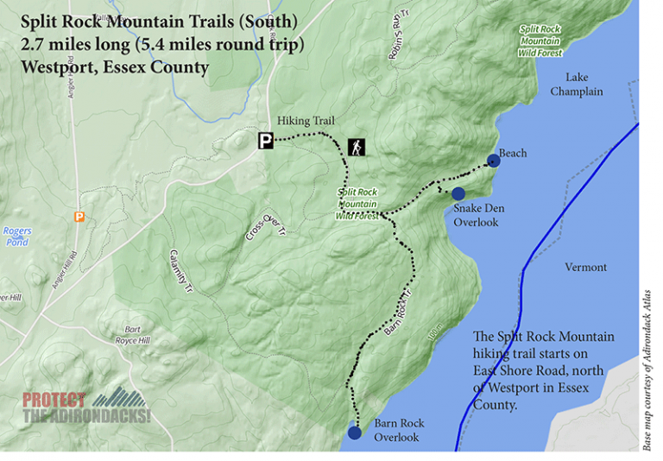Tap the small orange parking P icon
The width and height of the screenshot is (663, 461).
(79, 217)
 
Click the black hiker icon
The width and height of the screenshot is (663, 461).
(357, 147)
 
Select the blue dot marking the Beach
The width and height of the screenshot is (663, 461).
(493, 160)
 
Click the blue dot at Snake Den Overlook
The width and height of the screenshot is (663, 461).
(458, 193)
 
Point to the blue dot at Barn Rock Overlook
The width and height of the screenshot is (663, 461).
(354, 433)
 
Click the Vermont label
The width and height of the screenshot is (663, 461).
(585, 268)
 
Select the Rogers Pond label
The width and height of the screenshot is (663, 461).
(16, 237)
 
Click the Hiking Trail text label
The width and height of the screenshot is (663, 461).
(306, 121)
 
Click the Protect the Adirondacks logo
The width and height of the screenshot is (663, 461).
(86, 406)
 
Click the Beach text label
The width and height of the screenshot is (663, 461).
(513, 154)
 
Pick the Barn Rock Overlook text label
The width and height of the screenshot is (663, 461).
(398, 430)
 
